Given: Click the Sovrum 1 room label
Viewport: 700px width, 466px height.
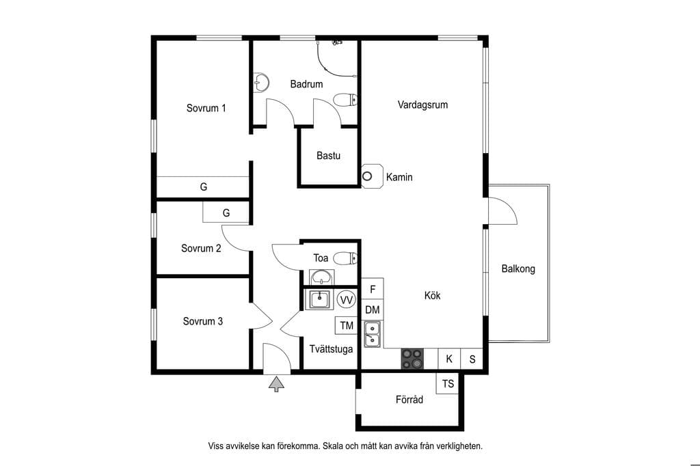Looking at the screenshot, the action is click(x=206, y=108).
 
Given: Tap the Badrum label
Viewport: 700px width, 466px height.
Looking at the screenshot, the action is click(x=306, y=84).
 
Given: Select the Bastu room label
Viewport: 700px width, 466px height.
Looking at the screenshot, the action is click(x=328, y=156).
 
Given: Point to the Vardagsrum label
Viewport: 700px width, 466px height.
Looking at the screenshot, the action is click(x=422, y=105).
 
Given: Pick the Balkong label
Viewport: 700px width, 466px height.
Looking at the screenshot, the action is click(x=518, y=269).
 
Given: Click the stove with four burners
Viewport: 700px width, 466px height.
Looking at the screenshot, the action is click(x=412, y=359).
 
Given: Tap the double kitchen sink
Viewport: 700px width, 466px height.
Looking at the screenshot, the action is click(x=373, y=334).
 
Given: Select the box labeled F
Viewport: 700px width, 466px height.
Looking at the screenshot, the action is click(x=373, y=289).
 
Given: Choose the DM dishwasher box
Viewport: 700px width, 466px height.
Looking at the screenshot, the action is click(x=373, y=310).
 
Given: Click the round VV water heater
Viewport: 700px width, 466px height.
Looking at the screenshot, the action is click(x=347, y=300).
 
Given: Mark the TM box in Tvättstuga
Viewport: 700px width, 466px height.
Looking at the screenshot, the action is click(x=347, y=325).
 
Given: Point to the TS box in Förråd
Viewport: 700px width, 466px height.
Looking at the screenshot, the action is click(x=447, y=383).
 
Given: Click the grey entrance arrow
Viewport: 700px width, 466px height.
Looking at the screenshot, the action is click(x=276, y=384).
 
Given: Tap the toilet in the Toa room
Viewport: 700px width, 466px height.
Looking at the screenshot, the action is click(x=345, y=258).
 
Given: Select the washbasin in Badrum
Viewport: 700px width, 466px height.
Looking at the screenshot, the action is click(x=260, y=83).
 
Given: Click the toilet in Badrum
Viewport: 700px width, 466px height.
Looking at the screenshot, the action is click(x=345, y=100).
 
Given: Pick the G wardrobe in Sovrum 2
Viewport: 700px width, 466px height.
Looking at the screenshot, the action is click(x=226, y=213).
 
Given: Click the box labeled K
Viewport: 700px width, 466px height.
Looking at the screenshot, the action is click(x=449, y=359).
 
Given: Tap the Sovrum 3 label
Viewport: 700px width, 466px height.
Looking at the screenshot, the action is click(x=202, y=321).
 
